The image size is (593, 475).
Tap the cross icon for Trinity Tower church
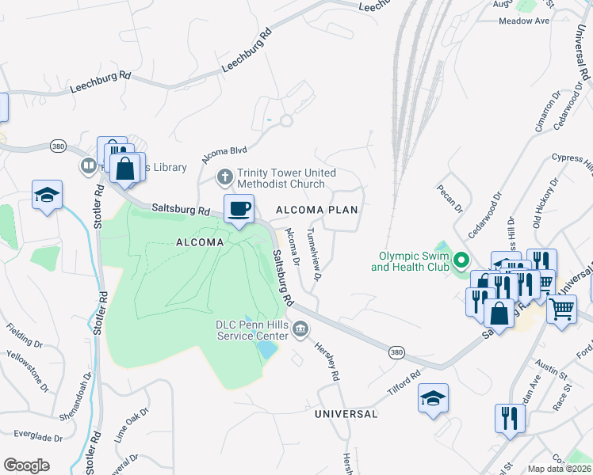coord(225,176)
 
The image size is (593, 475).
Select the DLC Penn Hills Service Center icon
coord(300,329)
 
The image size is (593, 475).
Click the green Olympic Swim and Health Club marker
coord(461,260)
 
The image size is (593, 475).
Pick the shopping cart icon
coord(561,310)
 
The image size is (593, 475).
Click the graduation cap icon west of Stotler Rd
coord(47,195)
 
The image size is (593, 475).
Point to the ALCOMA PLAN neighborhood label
coord(316,210)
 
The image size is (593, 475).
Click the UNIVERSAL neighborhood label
coord(346,414)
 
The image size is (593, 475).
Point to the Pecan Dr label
coord(448,200)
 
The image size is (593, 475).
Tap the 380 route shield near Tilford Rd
coord(396,352)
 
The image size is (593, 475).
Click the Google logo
coord(26,465)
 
